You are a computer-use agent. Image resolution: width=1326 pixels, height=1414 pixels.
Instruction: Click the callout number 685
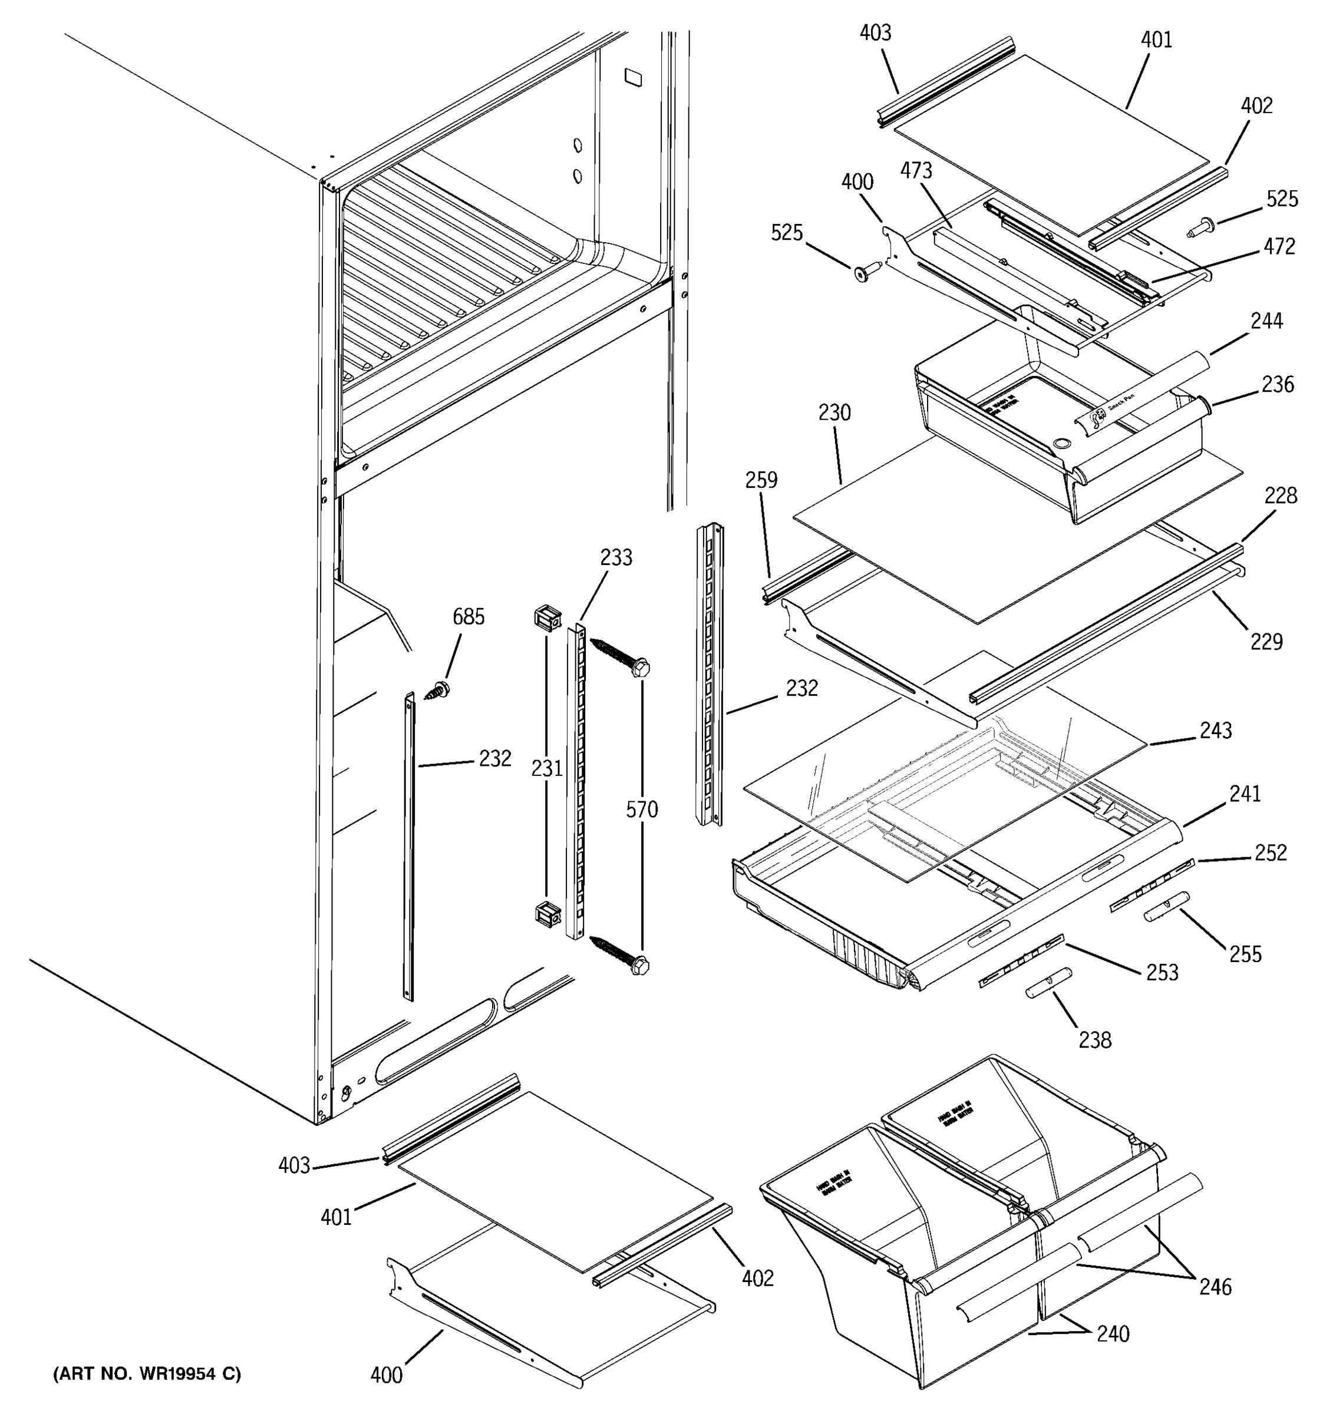coord(468,617)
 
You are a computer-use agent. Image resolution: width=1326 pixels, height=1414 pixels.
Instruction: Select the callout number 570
coord(642,810)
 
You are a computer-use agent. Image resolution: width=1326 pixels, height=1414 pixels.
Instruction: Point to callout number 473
coord(916,171)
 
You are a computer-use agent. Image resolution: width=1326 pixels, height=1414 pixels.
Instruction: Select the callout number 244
coord(1266,322)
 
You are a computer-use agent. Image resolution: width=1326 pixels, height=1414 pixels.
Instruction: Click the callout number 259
coord(761,480)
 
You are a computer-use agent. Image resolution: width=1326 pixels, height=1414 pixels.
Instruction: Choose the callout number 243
coord(1216,731)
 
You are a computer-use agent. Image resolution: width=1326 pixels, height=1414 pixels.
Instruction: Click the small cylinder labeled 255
coord(1167,906)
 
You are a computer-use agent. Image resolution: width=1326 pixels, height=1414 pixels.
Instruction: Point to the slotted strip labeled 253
coord(1021,961)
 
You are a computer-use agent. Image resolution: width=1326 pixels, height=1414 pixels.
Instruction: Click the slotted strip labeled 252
coord(1152,885)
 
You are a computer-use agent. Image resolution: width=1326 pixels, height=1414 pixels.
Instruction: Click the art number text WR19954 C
coord(147,1374)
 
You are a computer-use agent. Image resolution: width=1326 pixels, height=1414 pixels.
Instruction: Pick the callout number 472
coord(1279,247)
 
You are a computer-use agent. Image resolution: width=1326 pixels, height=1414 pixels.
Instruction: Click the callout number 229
coord(1266,642)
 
